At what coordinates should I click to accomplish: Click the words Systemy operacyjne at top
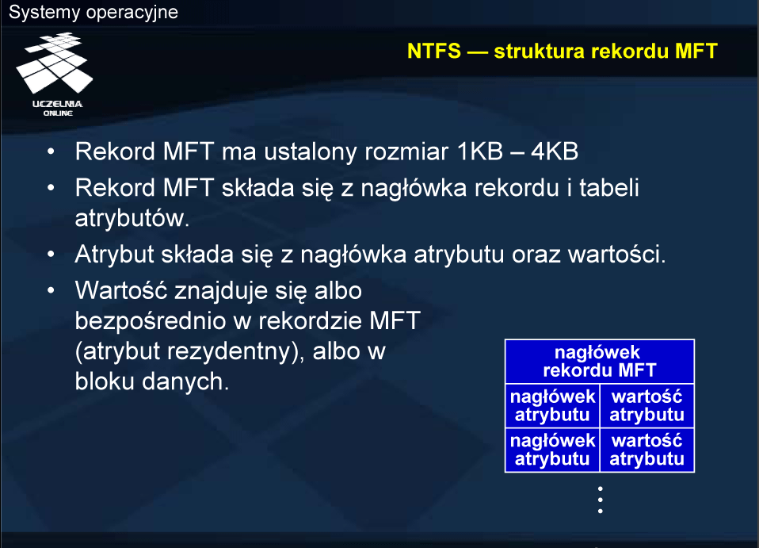tap(93, 12)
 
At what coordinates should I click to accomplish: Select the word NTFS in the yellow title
tap(434, 51)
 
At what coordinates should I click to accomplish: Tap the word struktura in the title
tap(539, 51)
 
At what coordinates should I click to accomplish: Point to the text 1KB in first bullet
tap(479, 151)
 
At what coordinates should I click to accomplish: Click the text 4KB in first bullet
tap(555, 151)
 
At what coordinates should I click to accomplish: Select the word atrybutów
tap(132, 218)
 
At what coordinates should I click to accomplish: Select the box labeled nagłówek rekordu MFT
tap(599, 362)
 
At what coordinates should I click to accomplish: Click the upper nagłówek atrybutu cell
tap(552, 405)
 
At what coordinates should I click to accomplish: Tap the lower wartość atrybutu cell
tap(646, 450)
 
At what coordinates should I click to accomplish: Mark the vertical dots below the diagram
tap(601, 500)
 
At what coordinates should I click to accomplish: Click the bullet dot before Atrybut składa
tap(51, 254)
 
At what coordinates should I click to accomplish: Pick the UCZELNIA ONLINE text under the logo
tap(58, 108)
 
